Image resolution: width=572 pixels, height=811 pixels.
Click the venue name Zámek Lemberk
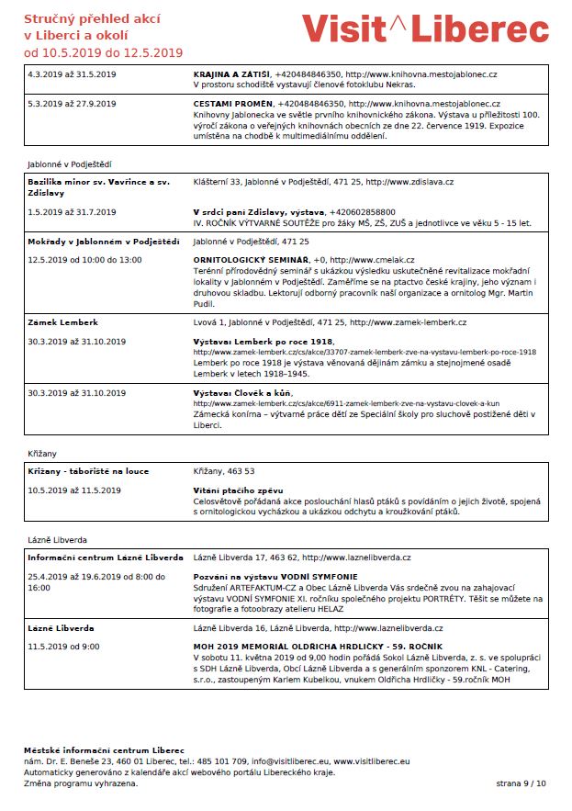(x=62, y=322)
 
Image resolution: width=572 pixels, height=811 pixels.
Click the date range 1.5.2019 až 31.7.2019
(x=72, y=212)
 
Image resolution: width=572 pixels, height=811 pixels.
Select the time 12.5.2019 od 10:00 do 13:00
(x=84, y=260)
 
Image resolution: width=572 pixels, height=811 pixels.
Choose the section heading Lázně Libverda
(x=58, y=539)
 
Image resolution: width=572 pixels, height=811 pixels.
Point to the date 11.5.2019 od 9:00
(x=63, y=647)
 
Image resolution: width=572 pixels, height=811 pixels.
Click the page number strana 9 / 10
(x=521, y=783)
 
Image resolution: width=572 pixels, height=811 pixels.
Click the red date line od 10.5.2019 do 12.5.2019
(x=103, y=52)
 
